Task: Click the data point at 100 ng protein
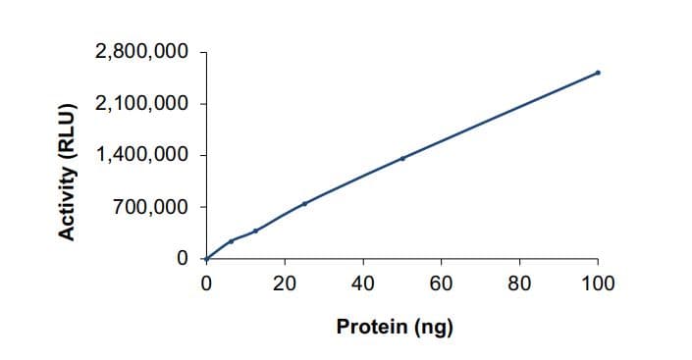click(x=598, y=73)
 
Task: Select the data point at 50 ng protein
click(x=402, y=158)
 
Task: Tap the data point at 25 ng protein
click(x=304, y=203)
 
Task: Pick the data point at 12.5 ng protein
click(x=255, y=231)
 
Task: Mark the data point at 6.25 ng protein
click(x=231, y=240)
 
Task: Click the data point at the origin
click(x=206, y=259)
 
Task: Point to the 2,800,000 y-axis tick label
click(x=141, y=52)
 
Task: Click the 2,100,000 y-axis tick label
click(x=141, y=104)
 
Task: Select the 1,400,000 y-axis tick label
click(x=141, y=155)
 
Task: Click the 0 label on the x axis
click(x=206, y=284)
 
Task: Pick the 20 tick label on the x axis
click(x=285, y=284)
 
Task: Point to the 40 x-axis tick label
click(x=363, y=284)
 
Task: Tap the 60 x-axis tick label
click(x=441, y=284)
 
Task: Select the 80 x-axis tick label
click(x=519, y=284)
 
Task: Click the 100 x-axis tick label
click(x=598, y=284)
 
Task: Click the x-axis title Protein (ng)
click(x=395, y=327)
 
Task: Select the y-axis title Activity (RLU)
click(x=68, y=170)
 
